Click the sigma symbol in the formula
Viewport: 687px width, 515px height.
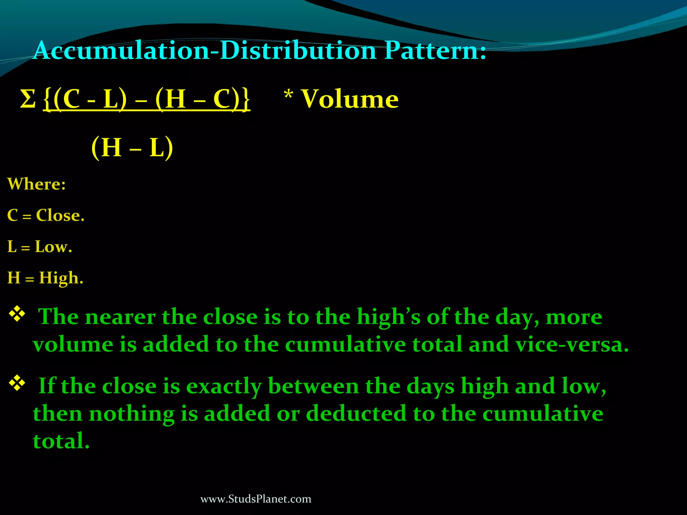point(28,99)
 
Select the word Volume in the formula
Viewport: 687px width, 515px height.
point(350,99)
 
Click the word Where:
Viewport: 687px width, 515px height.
point(37,184)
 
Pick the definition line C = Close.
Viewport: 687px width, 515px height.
point(46,215)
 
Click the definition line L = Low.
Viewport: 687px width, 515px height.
point(40,247)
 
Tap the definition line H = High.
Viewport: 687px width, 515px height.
point(45,278)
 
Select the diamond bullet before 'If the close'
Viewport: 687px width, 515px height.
point(17,384)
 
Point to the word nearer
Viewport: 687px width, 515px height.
point(120,317)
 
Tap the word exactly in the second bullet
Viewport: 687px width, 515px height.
point(224,386)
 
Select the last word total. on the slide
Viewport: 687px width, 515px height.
point(61,441)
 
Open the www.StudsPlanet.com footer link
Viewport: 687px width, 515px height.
point(256,499)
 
